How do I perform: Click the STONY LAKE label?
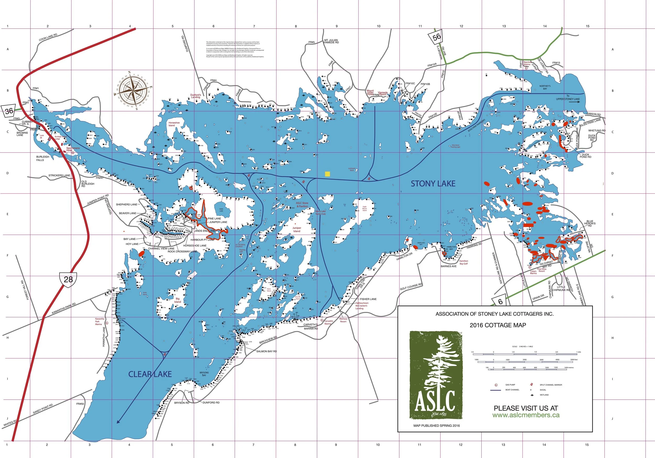click(433, 184)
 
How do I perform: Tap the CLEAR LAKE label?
click(150, 374)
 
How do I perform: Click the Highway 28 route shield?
click(68, 279)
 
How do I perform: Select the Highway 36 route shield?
click(9, 111)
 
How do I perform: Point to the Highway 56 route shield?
click(436, 37)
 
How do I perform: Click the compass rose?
click(133, 91)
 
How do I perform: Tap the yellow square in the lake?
click(327, 174)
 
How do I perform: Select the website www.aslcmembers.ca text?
click(526, 415)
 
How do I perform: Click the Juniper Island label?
click(297, 230)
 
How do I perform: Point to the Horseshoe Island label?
click(174, 124)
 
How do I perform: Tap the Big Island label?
click(177, 300)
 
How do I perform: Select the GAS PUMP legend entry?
click(510, 385)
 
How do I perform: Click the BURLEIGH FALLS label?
click(42, 158)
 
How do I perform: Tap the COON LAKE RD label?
click(48, 37)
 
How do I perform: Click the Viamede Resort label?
click(383, 93)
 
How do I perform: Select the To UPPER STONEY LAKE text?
click(568, 98)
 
